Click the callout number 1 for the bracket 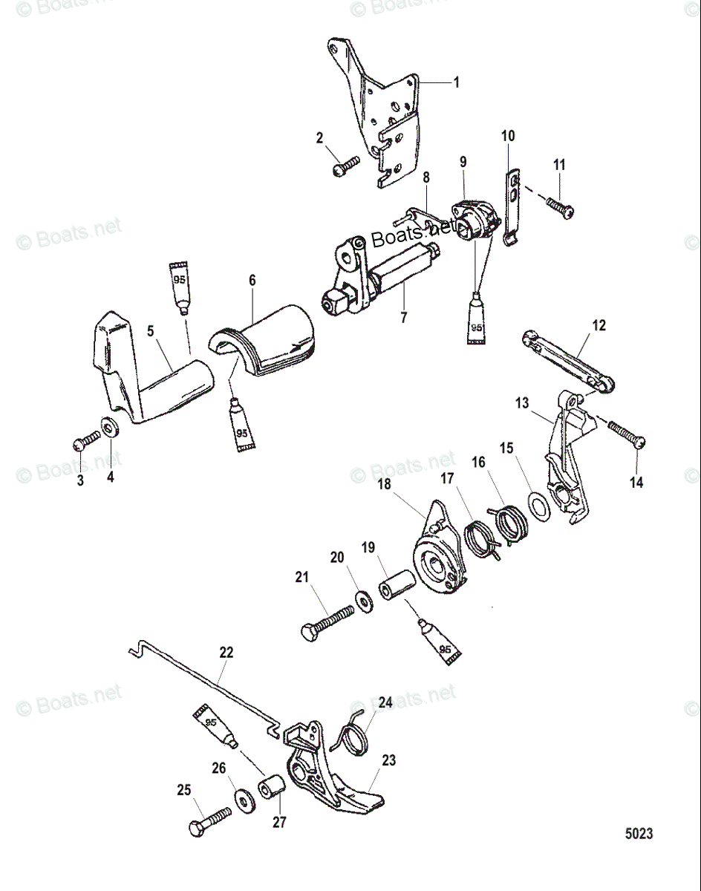[456, 82]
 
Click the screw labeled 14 [627, 434]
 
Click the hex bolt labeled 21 [327, 622]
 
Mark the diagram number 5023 [638, 834]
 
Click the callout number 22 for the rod [226, 653]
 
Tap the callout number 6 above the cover [252, 280]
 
